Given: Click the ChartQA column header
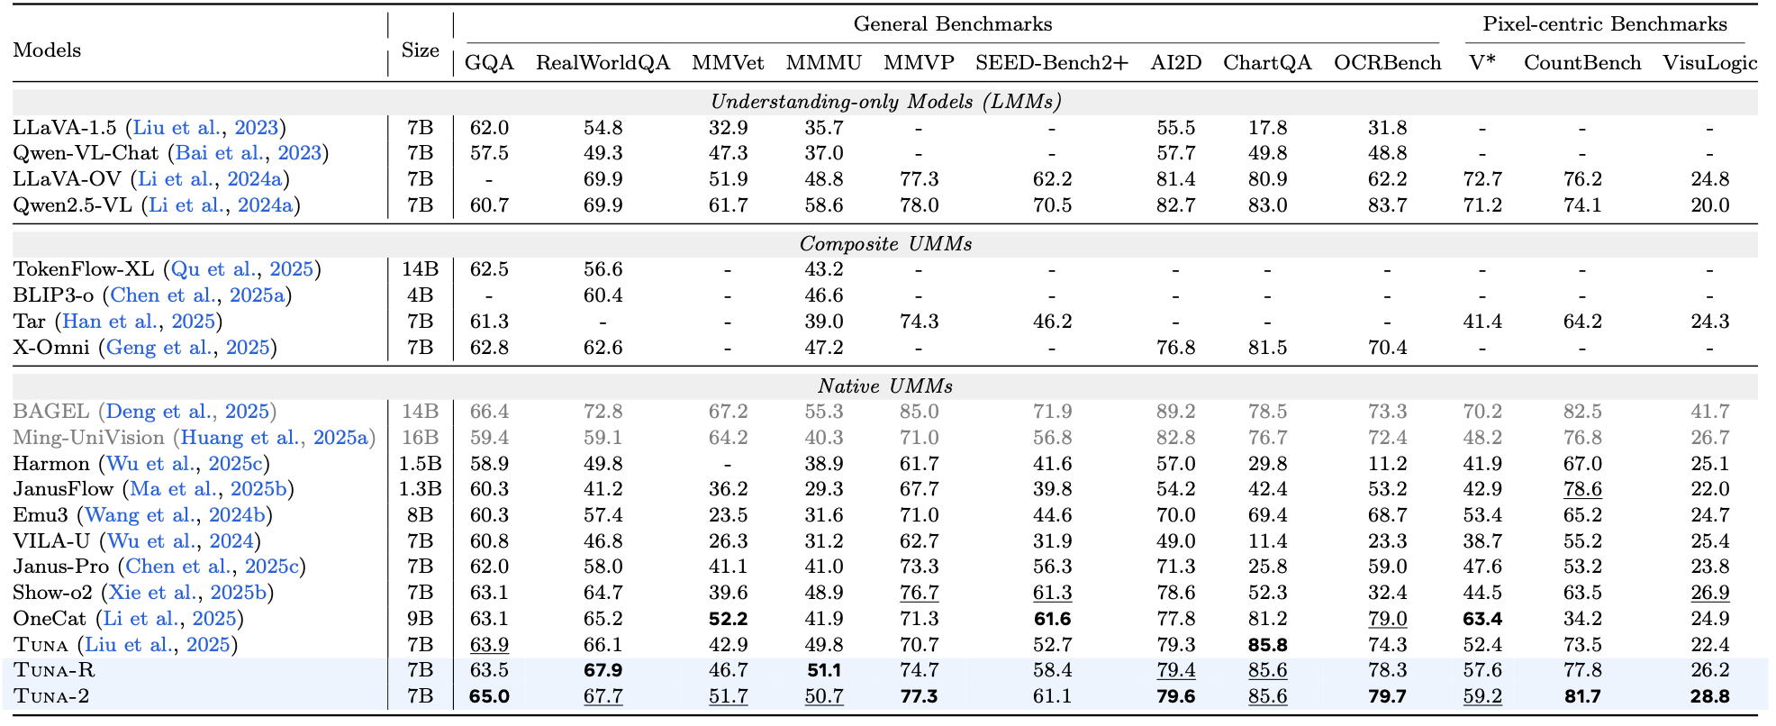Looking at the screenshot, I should coord(1266,63).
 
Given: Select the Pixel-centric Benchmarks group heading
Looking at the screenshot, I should coord(1605,24).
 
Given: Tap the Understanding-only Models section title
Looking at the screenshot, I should coord(885,102).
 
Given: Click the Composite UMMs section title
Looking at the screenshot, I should coord(885,244).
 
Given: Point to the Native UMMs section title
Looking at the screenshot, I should coord(885,386).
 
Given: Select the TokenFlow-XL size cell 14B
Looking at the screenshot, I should coord(420,269).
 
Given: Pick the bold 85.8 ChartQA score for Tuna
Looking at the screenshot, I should coord(1267,645).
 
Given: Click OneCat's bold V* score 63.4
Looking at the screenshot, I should coord(1482,619).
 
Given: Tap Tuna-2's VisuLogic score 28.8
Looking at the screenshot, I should coord(1709,696).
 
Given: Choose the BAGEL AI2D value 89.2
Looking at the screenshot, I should coord(1175,412).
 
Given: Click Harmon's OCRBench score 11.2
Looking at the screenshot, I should coord(1387,464).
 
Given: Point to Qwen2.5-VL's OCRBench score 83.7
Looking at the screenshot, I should coord(1387,205).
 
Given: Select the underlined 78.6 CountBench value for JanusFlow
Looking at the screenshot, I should coord(1582,489).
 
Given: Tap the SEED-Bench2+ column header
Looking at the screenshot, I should coord(1051,63).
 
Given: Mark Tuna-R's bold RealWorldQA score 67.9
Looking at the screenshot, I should coord(603,670).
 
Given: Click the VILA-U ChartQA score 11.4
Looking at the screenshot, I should coord(1267,541).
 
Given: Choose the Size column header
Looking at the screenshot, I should coord(420,50).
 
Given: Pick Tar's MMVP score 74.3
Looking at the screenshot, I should coord(919,322).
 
